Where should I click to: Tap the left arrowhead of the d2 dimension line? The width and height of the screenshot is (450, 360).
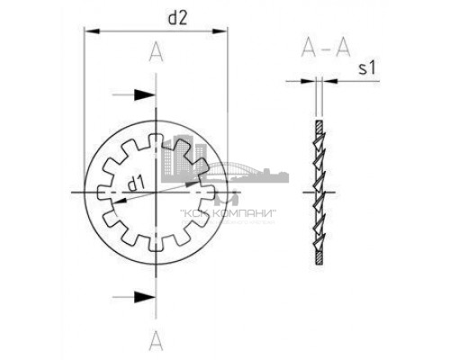point(88,34)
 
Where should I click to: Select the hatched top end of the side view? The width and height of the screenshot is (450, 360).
point(319,124)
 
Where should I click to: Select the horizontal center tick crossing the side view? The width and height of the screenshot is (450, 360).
point(319,193)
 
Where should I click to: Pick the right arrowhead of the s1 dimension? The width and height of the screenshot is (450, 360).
point(326,82)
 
